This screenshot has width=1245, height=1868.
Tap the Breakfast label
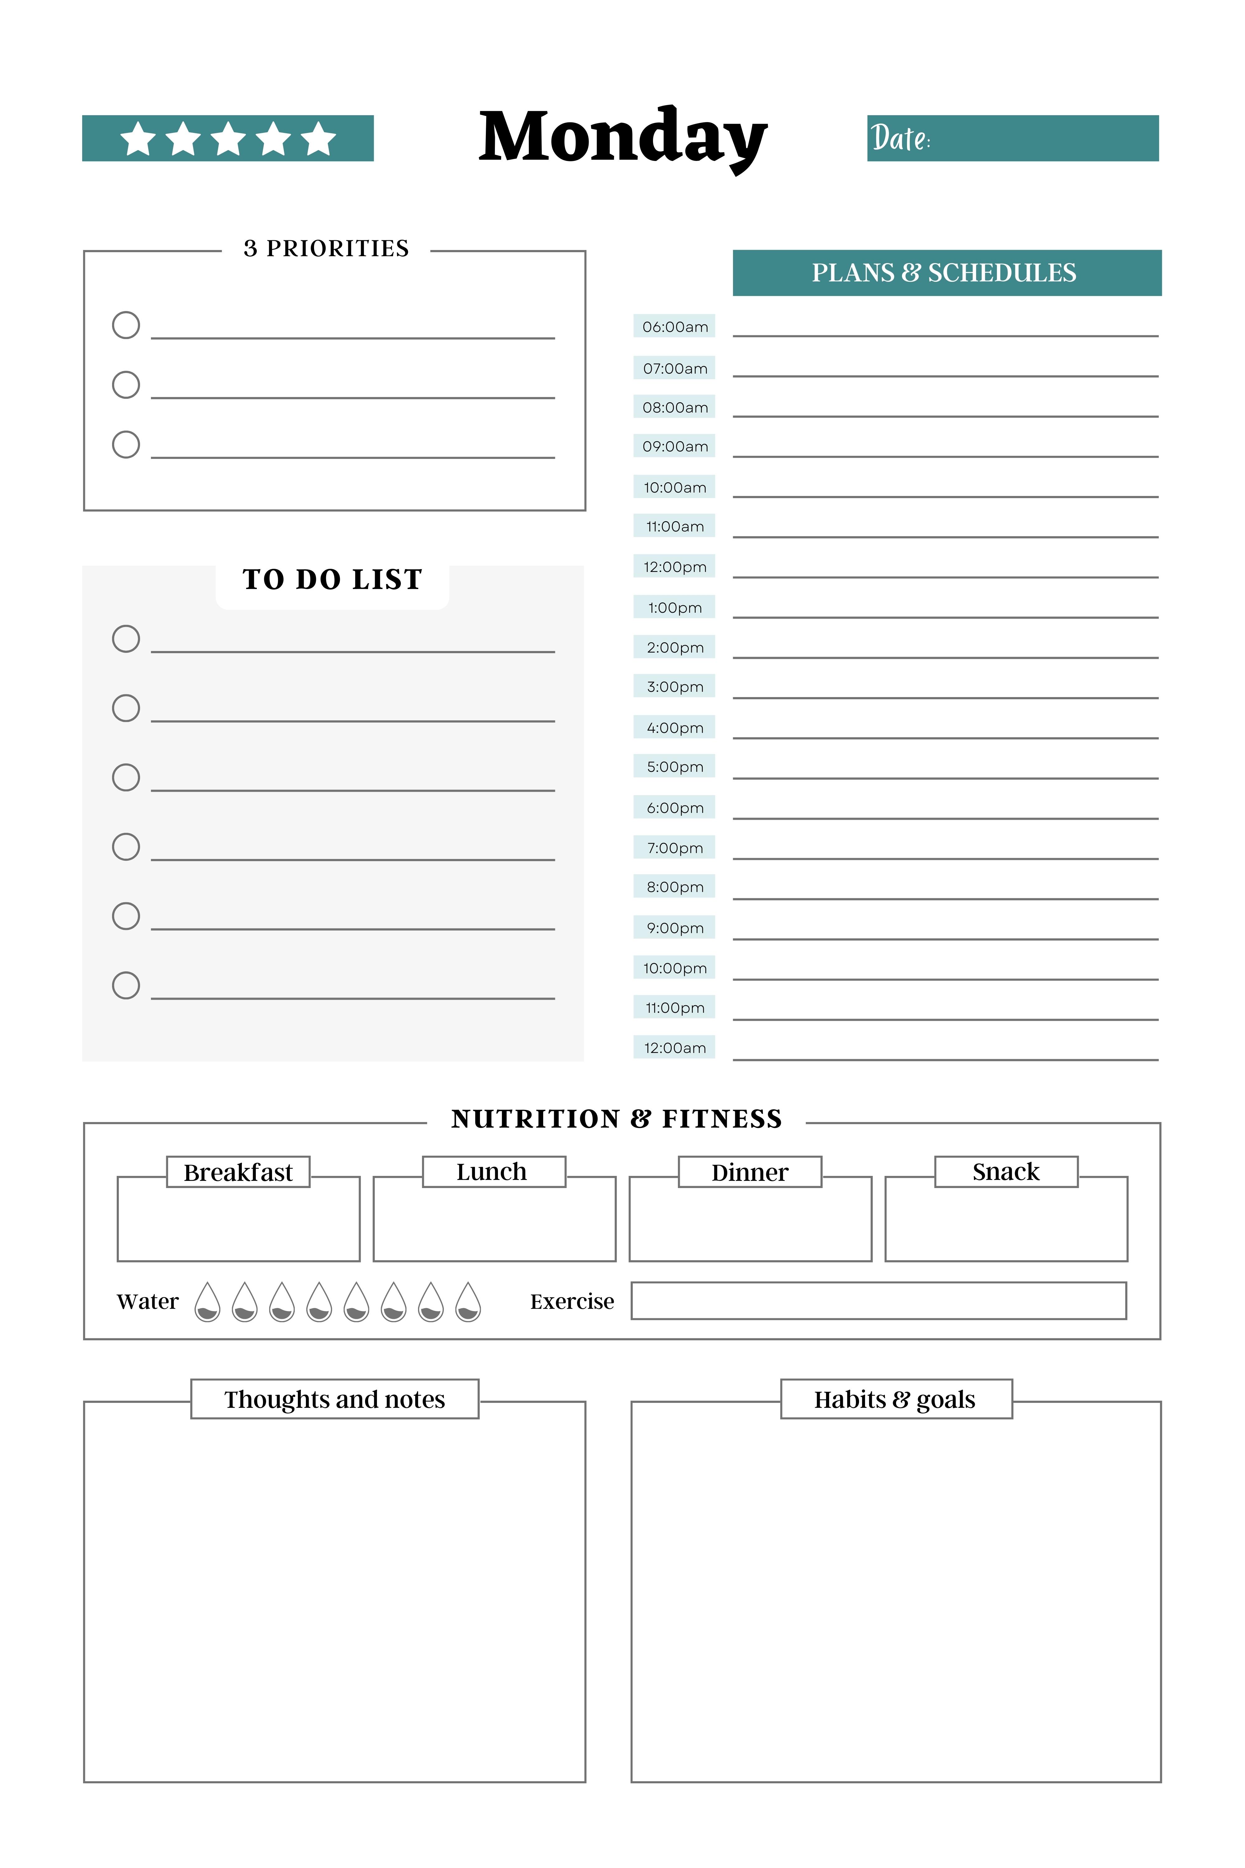tap(238, 1172)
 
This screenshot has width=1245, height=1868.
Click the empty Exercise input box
tap(878, 1301)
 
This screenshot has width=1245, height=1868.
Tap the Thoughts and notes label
tap(334, 1399)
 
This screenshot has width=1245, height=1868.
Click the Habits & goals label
tap(895, 1399)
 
